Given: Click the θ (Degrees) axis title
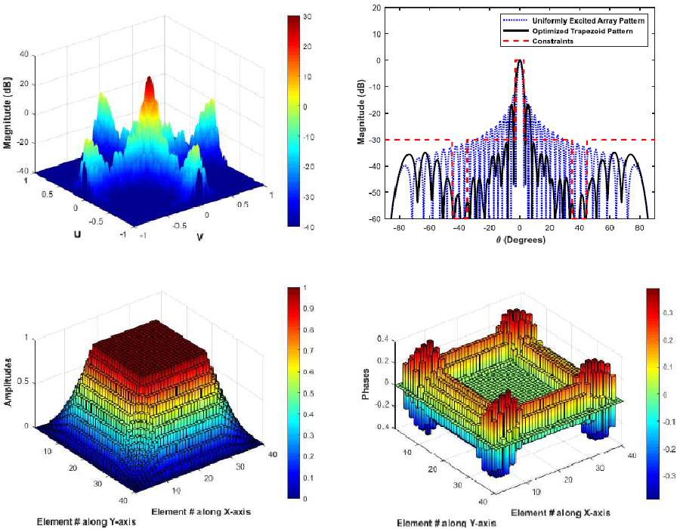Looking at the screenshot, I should point(519,240).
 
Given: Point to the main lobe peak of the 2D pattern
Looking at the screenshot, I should point(519,60).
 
